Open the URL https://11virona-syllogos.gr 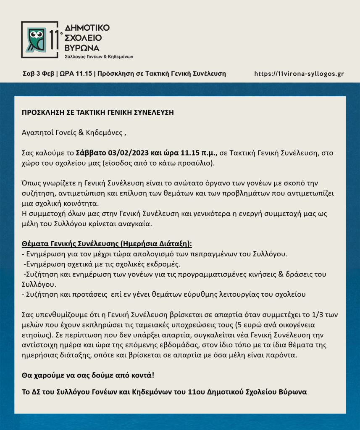coord(299,74)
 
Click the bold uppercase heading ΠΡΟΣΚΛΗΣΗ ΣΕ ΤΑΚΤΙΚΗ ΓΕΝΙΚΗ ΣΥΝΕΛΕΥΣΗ coord(97,113)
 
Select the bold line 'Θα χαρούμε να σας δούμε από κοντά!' coord(91,375)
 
